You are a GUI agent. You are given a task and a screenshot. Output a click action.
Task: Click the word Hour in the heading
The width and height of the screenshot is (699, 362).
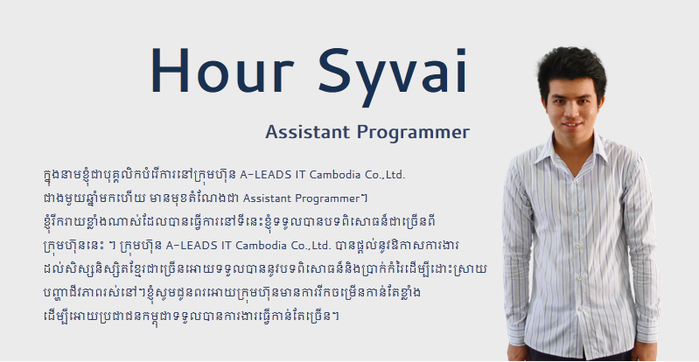tap(222, 70)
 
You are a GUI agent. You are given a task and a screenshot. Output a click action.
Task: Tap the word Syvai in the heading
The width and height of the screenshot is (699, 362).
tap(393, 77)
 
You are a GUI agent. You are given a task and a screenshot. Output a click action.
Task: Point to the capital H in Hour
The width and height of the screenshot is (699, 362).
tap(171, 70)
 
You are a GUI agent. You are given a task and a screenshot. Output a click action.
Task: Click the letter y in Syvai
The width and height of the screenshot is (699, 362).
tap(374, 84)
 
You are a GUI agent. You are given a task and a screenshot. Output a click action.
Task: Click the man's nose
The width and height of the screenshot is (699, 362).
tap(571, 110)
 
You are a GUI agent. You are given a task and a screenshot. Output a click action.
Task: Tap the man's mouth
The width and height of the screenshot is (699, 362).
tap(571, 125)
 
